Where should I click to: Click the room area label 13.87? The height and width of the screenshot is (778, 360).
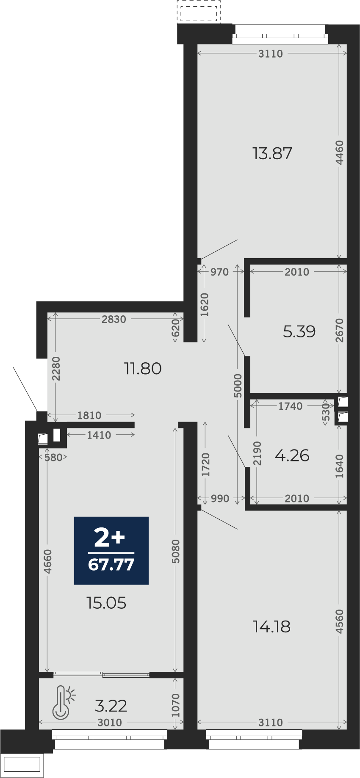tap(272, 153)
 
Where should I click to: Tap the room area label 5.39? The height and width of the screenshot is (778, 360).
tap(299, 331)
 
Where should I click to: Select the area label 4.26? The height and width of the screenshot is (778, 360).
tap(292, 455)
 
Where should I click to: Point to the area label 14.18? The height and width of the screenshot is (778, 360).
tap(271, 626)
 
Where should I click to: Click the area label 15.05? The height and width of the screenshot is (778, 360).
tap(106, 603)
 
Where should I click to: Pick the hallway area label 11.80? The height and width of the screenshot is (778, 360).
tap(143, 368)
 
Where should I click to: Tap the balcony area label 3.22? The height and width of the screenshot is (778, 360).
tap(111, 706)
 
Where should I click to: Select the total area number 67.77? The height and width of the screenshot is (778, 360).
tap(111, 565)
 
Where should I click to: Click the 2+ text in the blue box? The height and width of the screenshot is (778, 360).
tap(110, 538)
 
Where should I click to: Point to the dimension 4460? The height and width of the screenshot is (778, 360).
tap(339, 153)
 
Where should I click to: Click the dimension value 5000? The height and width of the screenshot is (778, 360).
tap(238, 386)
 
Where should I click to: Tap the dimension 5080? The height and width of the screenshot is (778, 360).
tap(176, 551)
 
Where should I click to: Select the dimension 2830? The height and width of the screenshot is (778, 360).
tap(114, 319)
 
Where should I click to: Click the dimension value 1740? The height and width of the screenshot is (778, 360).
tap(291, 406)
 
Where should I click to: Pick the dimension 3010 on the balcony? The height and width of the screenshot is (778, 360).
tap(110, 723)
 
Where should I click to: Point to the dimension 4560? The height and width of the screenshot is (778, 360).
tap(339, 621)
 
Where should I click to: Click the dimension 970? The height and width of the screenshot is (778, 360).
tap(219, 272)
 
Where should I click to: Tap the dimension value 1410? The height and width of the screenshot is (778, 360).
tap(99, 435)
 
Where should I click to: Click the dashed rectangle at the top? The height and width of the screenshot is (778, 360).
tap(199, 12)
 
